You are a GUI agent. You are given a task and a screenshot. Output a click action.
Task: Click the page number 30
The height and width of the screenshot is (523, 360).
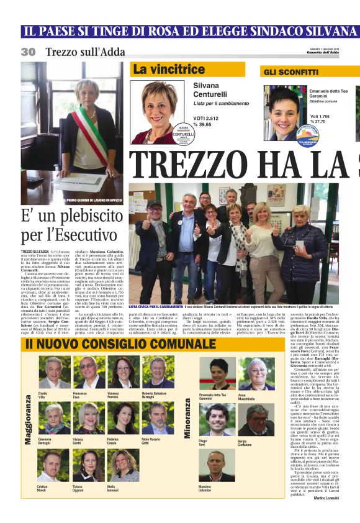28,52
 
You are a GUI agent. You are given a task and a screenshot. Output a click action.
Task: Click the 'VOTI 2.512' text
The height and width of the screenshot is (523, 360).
207,117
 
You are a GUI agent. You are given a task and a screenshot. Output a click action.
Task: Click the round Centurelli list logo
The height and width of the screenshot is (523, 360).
182,135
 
